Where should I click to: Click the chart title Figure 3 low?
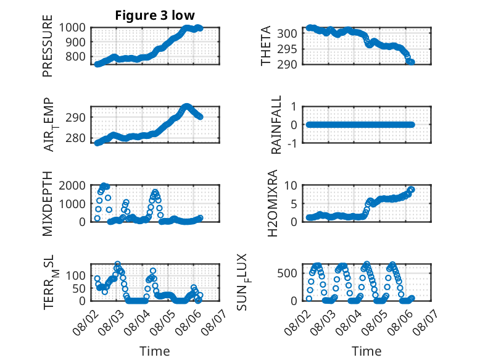pyautogui.click(x=155, y=15)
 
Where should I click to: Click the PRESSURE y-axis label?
pyautogui.click(x=48, y=46)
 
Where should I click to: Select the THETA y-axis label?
pyautogui.click(x=266, y=46)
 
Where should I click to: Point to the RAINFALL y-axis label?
pyautogui.click(x=276, y=125)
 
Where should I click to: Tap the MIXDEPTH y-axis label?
pyautogui.click(x=48, y=204)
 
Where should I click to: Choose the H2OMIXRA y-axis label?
pyautogui.click(x=272, y=203)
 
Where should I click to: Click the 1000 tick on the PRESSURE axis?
pyautogui.click(x=72, y=28)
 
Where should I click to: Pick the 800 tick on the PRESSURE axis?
pyautogui.click(x=75, y=56)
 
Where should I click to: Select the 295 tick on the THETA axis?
pyautogui.click(x=287, y=49)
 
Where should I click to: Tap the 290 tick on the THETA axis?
pyautogui.click(x=287, y=64)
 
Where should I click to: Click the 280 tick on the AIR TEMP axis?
pyautogui.click(x=75, y=138)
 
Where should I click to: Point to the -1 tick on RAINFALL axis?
pyautogui.click(x=292, y=143)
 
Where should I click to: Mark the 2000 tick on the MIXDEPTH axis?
pyautogui.click(x=72, y=185)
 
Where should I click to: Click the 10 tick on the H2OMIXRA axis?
pyautogui.click(x=291, y=185)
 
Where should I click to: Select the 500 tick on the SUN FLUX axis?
pyautogui.click(x=287, y=273)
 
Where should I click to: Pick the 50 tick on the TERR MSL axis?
pyautogui.click(x=79, y=288)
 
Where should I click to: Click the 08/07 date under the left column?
pyautogui.click(x=215, y=321)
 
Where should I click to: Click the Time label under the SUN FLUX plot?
pyautogui.click(x=366, y=351)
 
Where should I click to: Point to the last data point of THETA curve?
pyautogui.click(x=412, y=62)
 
